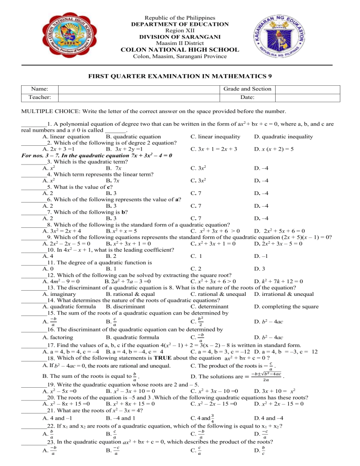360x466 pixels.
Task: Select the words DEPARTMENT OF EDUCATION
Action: [180, 24]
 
